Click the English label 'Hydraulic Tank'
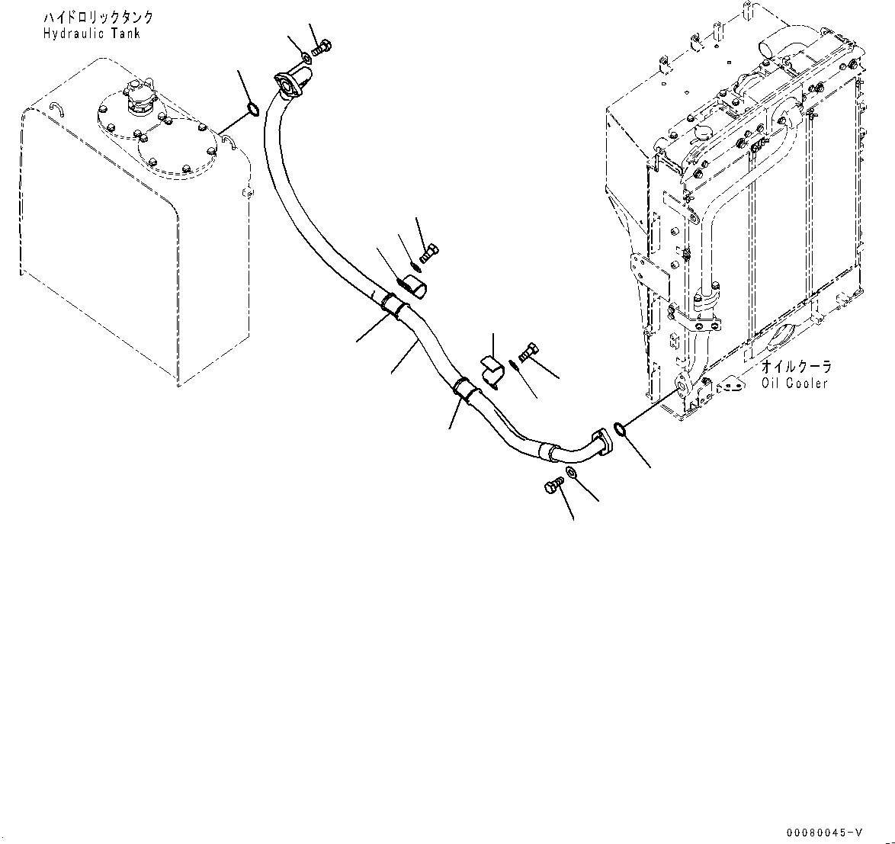(x=91, y=34)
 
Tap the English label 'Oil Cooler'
(x=794, y=383)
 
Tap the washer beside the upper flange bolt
(x=305, y=56)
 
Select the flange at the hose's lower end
(x=601, y=443)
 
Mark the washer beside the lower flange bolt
(x=572, y=477)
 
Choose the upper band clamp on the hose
(x=394, y=306)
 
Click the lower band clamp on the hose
(x=464, y=387)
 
